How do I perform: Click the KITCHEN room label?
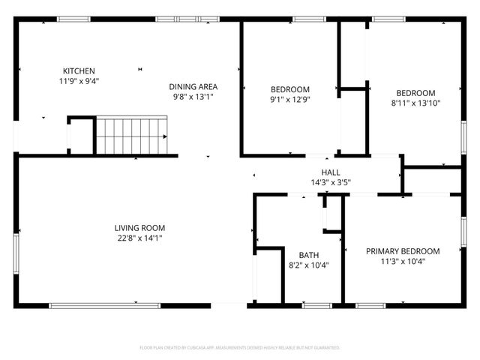click(79, 71)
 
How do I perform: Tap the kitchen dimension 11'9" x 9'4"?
click(79, 81)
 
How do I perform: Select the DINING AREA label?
click(193, 87)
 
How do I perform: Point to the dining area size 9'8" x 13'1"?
click(193, 97)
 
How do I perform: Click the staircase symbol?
click(132, 136)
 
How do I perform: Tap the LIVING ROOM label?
click(139, 228)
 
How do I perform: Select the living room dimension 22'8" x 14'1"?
click(139, 238)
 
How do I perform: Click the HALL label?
click(331, 172)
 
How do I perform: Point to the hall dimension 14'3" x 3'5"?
click(331, 181)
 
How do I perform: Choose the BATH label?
click(308, 254)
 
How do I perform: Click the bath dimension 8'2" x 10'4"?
click(308, 265)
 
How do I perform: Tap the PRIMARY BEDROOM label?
click(403, 251)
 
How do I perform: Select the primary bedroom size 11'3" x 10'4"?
click(403, 262)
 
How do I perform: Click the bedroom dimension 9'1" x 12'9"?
click(289, 99)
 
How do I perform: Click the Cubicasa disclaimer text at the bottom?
click(240, 348)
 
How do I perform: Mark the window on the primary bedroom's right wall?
click(463, 232)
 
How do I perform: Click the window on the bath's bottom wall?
click(317, 305)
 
